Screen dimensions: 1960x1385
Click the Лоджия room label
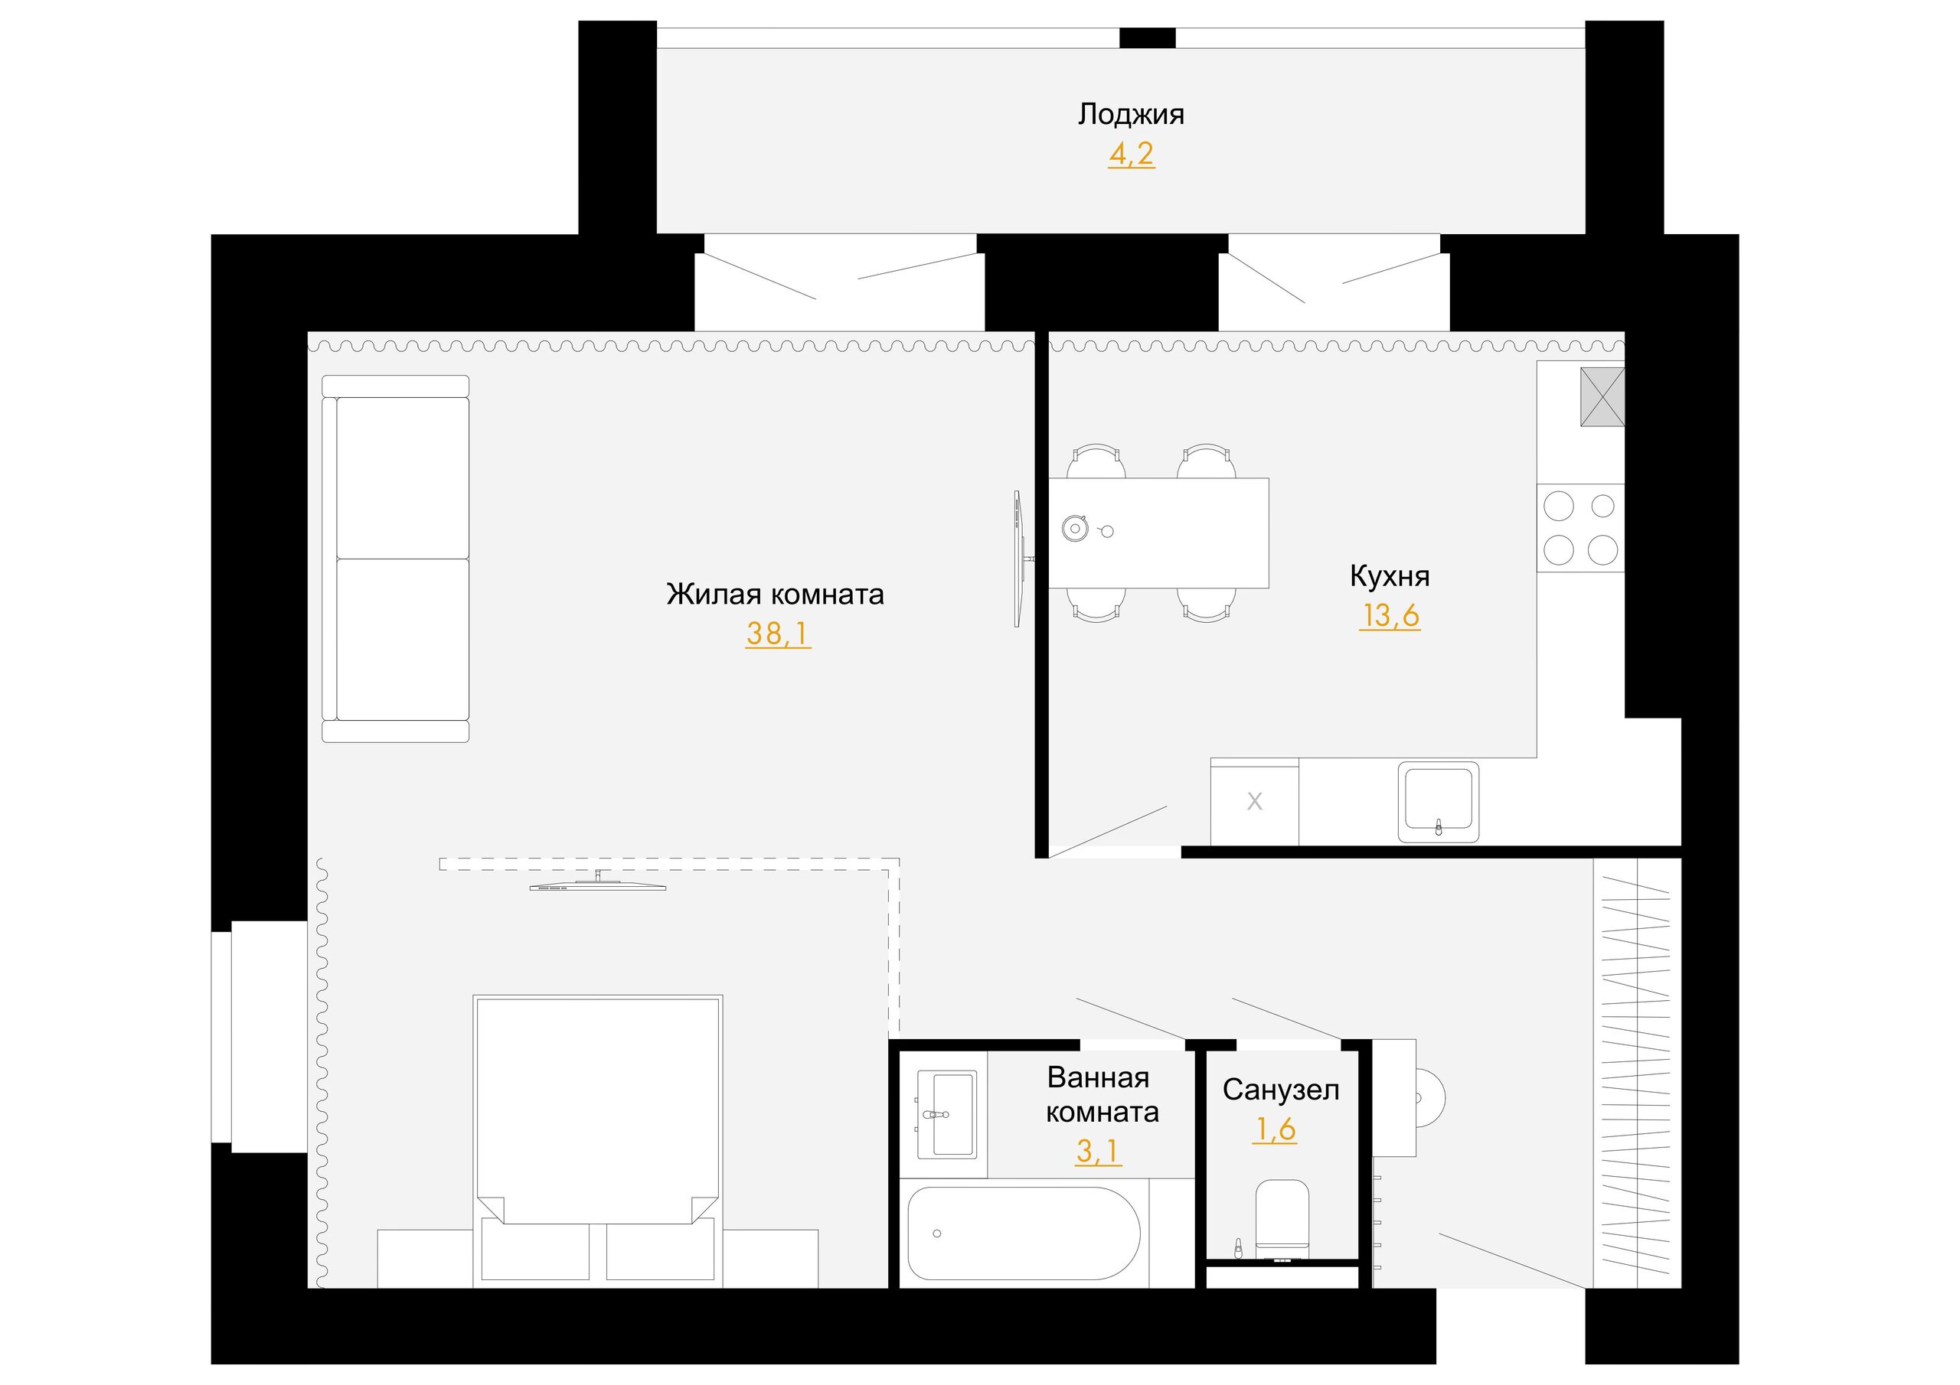[1130, 114]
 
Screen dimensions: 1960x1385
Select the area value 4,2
[1131, 154]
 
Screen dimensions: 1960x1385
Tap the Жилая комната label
[775, 594]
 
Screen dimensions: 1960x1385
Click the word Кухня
[1389, 576]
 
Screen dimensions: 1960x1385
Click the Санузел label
[1280, 1090]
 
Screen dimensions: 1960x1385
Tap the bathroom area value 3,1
[1098, 1152]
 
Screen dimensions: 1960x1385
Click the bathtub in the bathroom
[1023, 1233]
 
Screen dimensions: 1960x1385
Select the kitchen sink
[1439, 801]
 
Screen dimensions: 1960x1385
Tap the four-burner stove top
[1580, 527]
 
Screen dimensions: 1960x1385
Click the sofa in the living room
[395, 559]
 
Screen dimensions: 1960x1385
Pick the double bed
[597, 1142]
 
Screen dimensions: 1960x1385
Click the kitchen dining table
[1158, 533]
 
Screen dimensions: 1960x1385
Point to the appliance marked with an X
[1255, 801]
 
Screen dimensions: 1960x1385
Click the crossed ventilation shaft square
[1602, 397]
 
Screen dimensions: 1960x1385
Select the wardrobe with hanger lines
[1636, 1073]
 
